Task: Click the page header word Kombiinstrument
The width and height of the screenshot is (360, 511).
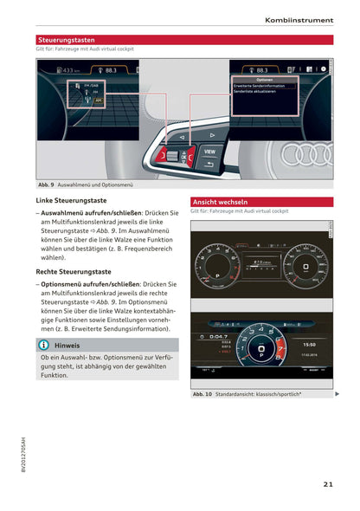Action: point(299,19)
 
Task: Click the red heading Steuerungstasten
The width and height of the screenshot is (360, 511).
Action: point(67,40)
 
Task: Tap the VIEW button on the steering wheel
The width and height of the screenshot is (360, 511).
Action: point(209,150)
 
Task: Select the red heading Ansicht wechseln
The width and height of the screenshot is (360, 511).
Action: point(221,201)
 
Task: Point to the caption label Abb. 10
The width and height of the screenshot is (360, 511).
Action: point(202,394)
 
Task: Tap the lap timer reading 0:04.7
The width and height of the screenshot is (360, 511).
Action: point(220,337)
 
